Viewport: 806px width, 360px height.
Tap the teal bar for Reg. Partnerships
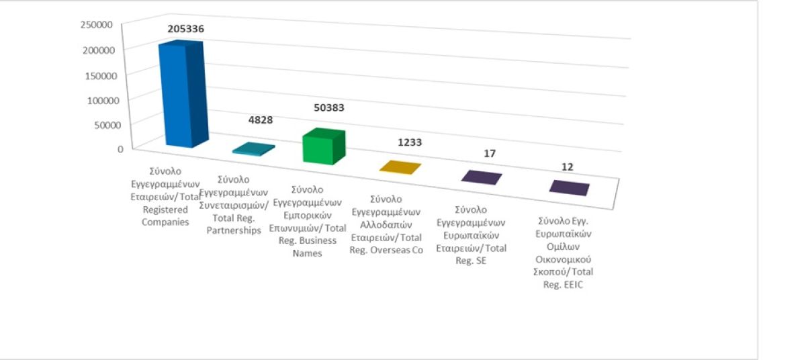254,150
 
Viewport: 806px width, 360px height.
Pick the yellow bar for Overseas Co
400,167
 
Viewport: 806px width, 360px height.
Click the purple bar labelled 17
482,177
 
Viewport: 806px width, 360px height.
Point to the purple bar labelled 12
570,188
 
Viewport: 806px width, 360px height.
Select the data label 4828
261,120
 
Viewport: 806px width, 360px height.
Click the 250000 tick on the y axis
96,25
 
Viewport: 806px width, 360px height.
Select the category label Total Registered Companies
166,197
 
